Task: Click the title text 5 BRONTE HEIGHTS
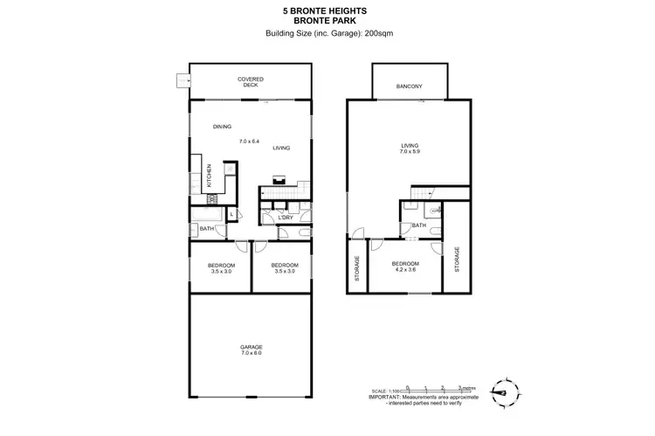pos(327,10)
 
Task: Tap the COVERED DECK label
pos(251,82)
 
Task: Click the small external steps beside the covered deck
pos(182,81)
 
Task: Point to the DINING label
pos(222,128)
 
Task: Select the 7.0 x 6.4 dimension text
pos(251,141)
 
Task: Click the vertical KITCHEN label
pos(210,176)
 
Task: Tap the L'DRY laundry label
pos(285,218)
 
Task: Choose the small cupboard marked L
pos(231,214)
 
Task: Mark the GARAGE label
pos(252,347)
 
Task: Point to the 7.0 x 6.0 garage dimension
pos(252,353)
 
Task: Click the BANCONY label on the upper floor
pos(409,86)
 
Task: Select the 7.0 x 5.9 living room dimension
pos(409,152)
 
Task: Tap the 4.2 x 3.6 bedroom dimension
pos(406,270)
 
